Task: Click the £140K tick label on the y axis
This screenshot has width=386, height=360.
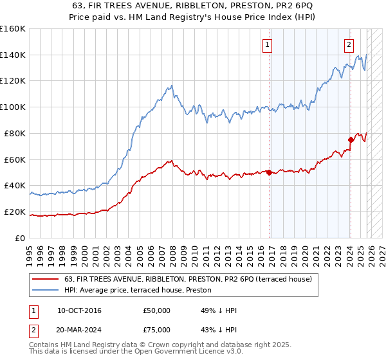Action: pyautogui.click(x=13, y=55)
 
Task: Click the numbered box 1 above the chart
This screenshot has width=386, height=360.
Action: pyautogui.click(x=267, y=44)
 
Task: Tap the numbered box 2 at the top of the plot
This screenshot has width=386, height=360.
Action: pyautogui.click(x=349, y=44)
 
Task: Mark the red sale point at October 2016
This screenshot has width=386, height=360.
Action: pyautogui.click(x=269, y=172)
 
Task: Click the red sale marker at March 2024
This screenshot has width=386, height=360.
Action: pyautogui.click(x=351, y=139)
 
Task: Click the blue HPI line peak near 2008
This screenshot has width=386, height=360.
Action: pyautogui.click(x=170, y=85)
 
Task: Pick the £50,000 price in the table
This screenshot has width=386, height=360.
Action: pyautogui.click(x=157, y=310)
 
